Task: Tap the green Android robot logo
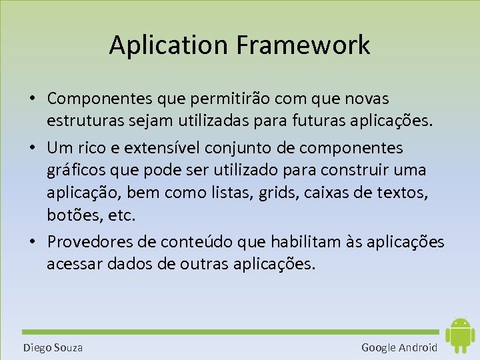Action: point(459,335)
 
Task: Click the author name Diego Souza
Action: point(53,347)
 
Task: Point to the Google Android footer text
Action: point(399,347)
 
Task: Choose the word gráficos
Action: point(75,170)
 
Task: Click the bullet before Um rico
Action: point(32,147)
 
